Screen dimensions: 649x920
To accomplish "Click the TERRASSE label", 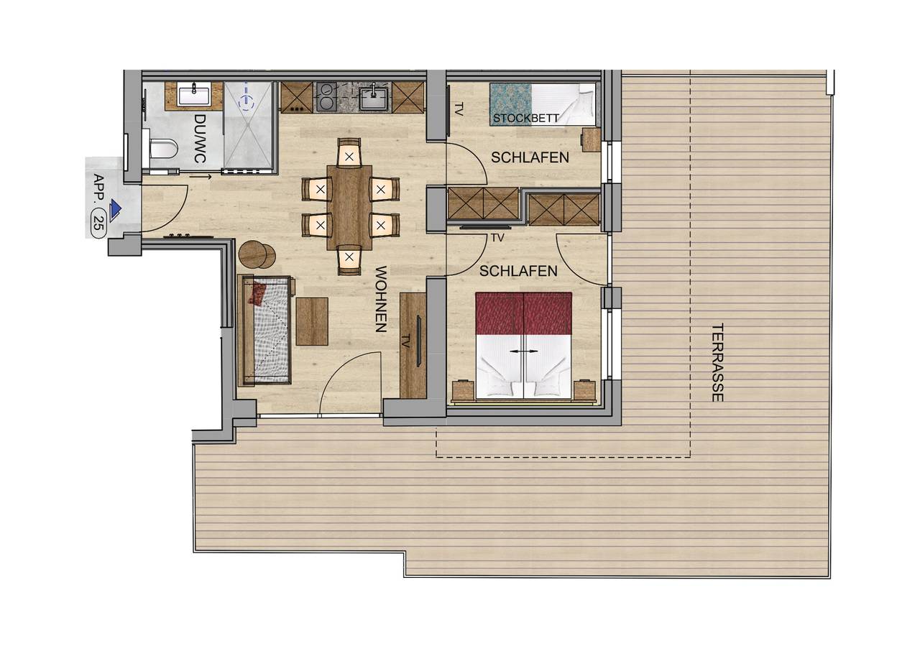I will (717, 362).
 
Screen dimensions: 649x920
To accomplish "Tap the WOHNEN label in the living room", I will (381, 299).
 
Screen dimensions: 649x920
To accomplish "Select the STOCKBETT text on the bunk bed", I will (526, 118).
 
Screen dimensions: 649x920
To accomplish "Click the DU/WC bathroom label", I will (200, 138).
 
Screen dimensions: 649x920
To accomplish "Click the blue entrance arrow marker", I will (116, 208).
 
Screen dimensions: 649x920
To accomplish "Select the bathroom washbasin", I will (194, 94).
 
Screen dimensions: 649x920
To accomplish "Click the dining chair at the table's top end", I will (349, 153).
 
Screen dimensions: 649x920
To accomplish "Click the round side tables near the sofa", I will (256, 254).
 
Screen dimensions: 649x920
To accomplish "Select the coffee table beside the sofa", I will (312, 321).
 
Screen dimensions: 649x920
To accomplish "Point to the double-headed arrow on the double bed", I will (523, 351).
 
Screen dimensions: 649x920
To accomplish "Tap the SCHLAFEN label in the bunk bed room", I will (530, 157).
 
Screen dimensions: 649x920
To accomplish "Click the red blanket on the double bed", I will (523, 313).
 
